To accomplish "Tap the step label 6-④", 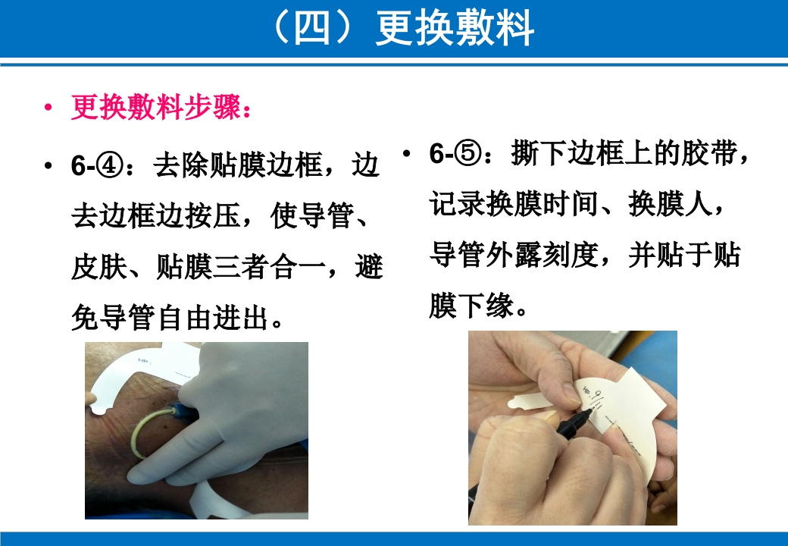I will [94, 165].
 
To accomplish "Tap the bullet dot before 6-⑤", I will [407, 154].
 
